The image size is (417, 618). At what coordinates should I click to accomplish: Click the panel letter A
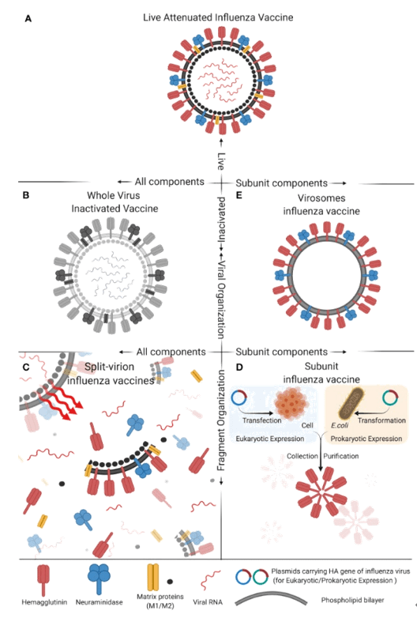(x=28, y=18)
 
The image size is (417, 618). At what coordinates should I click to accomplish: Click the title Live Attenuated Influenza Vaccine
(x=218, y=17)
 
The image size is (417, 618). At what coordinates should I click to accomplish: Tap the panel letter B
(x=26, y=195)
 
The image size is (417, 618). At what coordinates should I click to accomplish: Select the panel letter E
(x=239, y=195)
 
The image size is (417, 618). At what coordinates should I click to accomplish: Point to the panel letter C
(x=26, y=367)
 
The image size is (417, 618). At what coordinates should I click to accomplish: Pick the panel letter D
(x=239, y=367)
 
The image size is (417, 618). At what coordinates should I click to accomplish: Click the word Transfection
(x=262, y=420)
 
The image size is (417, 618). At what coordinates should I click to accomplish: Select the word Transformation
(x=381, y=420)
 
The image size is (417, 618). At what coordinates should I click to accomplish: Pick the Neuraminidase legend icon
(x=99, y=578)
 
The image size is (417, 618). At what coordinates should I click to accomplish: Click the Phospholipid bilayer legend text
(x=352, y=601)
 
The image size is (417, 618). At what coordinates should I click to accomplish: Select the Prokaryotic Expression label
(x=366, y=439)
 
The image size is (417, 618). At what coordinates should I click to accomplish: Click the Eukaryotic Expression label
(x=270, y=439)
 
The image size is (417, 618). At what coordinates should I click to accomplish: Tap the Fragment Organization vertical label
(x=221, y=420)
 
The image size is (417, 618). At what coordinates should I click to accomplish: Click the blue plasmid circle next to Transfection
(x=239, y=398)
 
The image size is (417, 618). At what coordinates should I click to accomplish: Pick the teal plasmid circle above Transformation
(x=390, y=398)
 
